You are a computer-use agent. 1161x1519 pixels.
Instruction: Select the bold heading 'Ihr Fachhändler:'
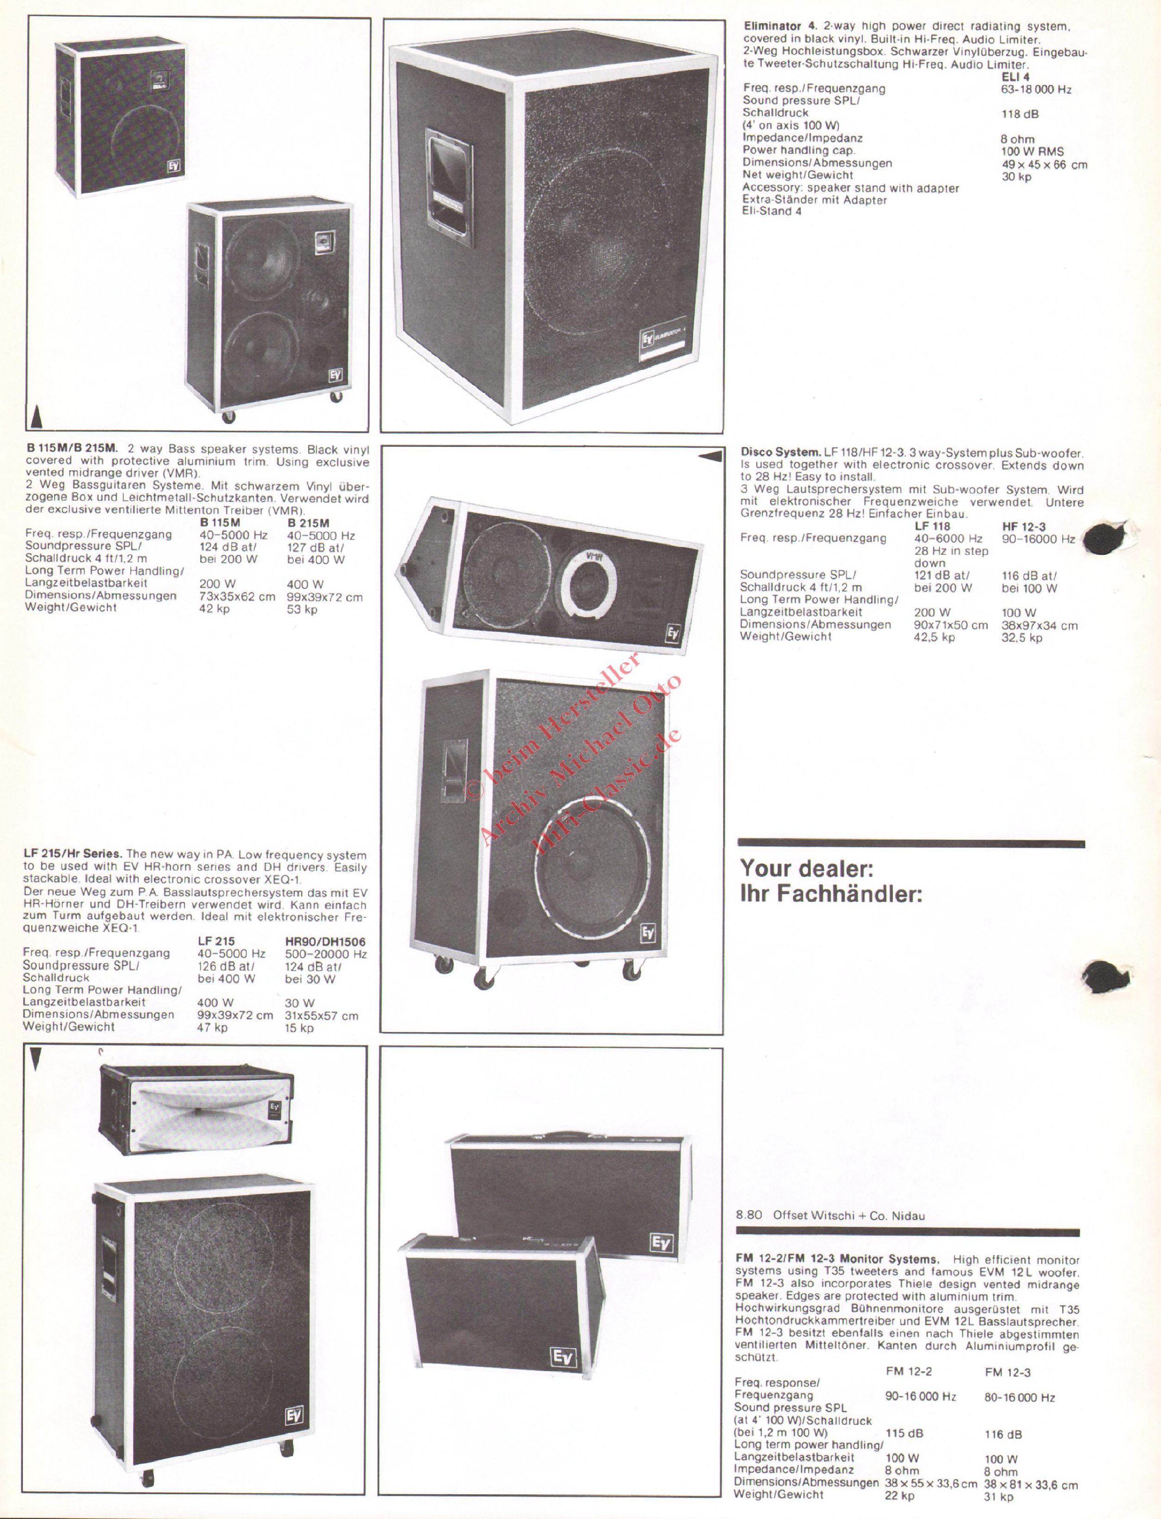831,894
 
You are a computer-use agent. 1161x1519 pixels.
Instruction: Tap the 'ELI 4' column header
1015,77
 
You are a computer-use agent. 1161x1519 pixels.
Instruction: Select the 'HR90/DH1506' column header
325,941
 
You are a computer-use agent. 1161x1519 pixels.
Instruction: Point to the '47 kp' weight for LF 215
212,1028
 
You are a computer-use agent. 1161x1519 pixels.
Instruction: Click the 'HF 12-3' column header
1024,527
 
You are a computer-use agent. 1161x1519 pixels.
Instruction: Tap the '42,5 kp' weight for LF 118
934,637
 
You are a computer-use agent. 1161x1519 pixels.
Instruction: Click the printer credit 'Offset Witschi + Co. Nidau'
849,1216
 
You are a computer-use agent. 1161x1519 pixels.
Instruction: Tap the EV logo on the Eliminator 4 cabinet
647,339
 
